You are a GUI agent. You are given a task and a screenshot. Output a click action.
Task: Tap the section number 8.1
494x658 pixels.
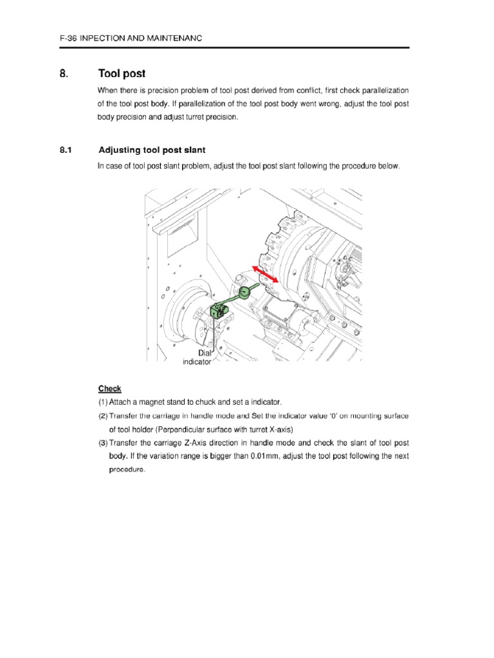pos(68,150)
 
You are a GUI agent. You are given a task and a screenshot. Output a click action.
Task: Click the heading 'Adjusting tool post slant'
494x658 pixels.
pos(152,150)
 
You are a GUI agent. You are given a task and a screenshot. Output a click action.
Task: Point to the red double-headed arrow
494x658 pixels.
pos(264,274)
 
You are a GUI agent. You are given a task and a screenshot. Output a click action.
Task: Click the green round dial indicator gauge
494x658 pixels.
pos(245,293)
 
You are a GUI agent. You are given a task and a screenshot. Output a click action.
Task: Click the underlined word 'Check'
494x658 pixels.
pos(109,389)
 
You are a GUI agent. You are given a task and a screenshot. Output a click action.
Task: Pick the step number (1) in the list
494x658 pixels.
pos(103,402)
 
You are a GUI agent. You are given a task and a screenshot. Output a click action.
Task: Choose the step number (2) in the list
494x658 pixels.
pos(103,416)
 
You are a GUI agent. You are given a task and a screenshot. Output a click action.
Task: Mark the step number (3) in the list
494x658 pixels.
pos(103,443)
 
